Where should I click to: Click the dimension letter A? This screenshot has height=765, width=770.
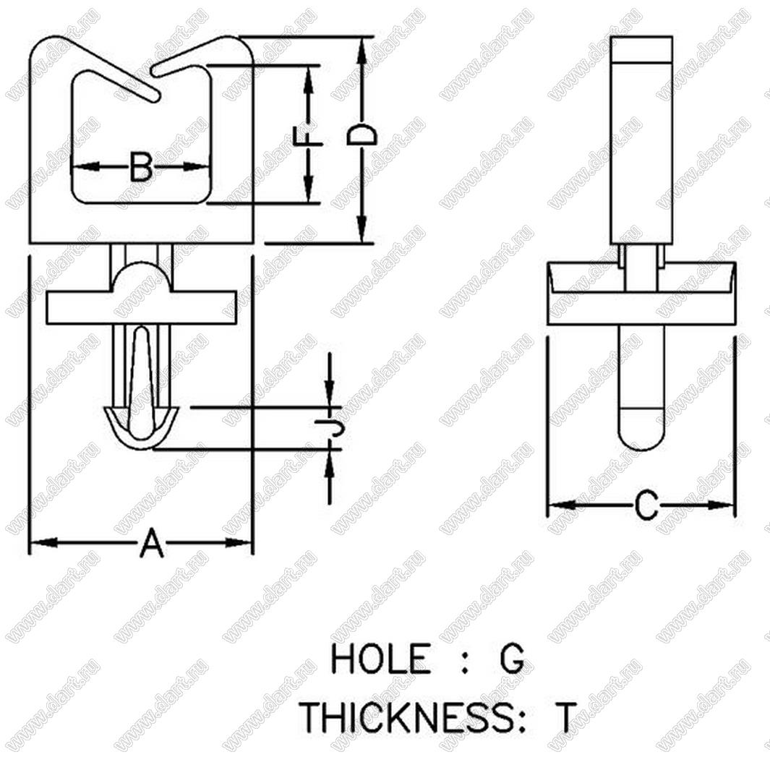click(x=151, y=542)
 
